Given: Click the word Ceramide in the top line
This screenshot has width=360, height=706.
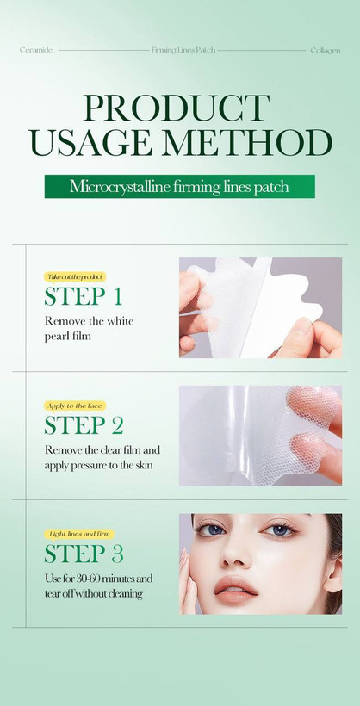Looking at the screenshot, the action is point(36,50).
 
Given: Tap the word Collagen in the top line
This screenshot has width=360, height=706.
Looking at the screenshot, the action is point(326,51).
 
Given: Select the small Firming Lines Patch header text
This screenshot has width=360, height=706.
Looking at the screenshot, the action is point(183,50).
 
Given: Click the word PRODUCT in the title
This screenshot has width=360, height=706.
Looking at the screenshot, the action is point(177,108).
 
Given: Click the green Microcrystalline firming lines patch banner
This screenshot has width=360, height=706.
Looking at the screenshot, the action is point(180,187).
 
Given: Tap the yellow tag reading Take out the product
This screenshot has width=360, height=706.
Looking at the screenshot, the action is point(75,276).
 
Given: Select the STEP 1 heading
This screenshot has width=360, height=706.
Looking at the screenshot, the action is point(84,296).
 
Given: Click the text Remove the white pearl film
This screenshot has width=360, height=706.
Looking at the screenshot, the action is point(90,328).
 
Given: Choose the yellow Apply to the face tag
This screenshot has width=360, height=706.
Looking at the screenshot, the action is point(75,406).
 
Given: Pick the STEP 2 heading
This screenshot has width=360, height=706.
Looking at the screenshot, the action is point(84,424).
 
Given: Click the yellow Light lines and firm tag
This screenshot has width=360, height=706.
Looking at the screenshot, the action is point(79,534).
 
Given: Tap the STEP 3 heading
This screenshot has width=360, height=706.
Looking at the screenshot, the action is point(84,554).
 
